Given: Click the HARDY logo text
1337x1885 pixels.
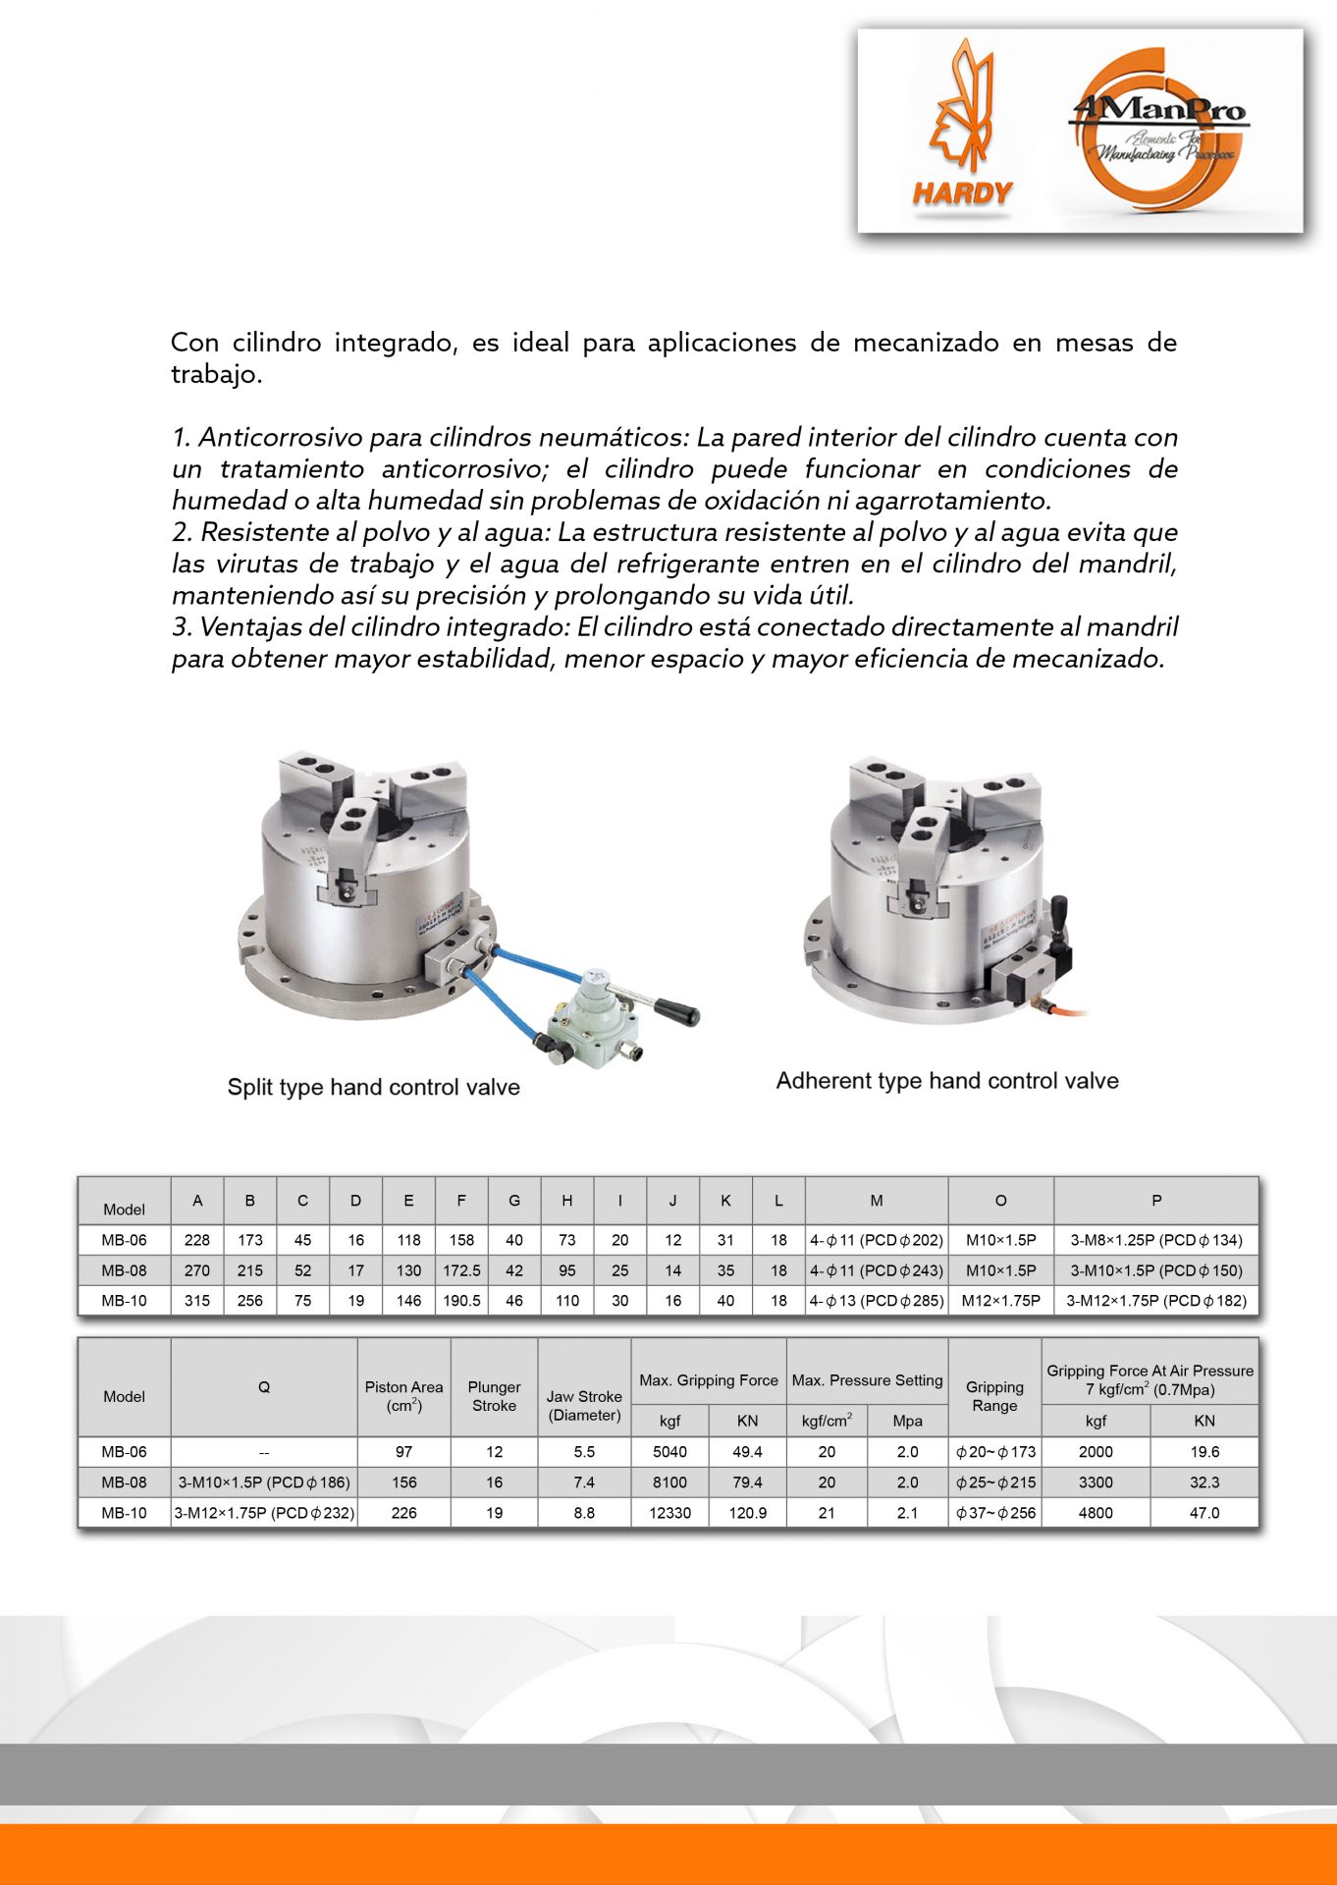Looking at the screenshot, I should coord(962,192).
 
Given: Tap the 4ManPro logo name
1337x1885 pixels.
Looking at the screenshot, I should coord(1159,110).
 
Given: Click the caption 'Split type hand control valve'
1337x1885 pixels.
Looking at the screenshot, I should coord(373,1087).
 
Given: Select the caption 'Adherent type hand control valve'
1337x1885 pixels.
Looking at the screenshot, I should coord(947,1081).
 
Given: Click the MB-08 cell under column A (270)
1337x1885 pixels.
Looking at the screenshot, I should coord(197,1270).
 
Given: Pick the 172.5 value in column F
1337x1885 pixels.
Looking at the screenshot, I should coord(461,1270).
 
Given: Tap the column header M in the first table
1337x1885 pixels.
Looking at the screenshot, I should coord(877,1200).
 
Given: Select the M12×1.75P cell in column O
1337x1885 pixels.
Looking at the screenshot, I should coord(1000,1301).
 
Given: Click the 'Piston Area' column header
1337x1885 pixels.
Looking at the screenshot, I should coord(403,1395).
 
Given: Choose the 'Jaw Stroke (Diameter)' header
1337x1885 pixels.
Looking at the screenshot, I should coord(584,1405).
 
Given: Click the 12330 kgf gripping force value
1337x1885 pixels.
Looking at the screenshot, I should coord(669,1513).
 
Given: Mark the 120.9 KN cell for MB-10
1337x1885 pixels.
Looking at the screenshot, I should coord(747,1513).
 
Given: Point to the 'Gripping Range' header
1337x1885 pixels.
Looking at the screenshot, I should coord(994,1395).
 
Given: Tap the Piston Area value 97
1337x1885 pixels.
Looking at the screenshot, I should coord(403,1452).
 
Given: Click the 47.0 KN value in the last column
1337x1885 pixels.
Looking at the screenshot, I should coord(1203,1513).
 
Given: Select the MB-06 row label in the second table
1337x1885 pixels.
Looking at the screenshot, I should coord(124,1452).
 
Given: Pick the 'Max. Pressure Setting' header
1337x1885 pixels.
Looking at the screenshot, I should coord(867,1380).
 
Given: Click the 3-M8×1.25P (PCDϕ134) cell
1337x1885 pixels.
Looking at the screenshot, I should coord(1155,1240).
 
